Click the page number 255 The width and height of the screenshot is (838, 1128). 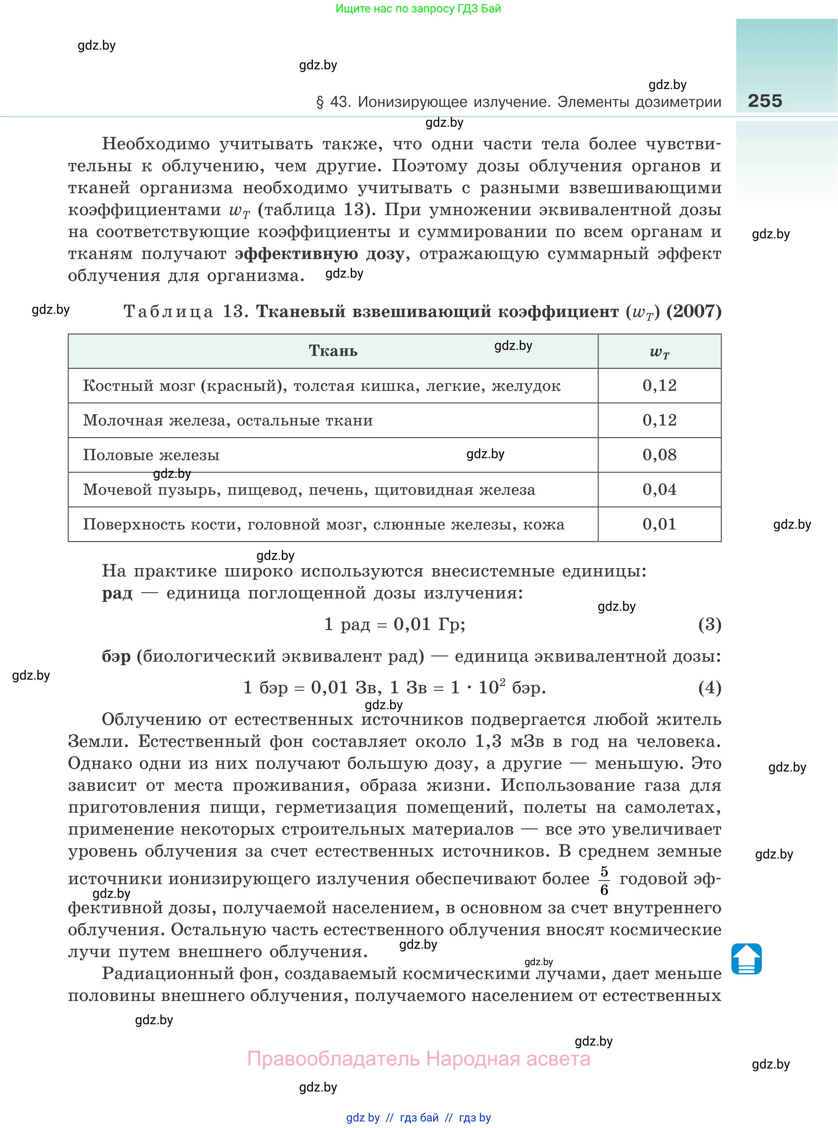point(765,100)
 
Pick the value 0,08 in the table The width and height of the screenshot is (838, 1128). point(660,455)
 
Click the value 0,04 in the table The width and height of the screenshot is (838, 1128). point(660,489)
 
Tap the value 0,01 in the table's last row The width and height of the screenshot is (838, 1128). point(660,524)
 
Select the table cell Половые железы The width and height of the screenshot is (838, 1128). point(151,455)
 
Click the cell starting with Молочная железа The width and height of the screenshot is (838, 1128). point(228,420)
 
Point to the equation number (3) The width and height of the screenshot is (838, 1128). point(709,624)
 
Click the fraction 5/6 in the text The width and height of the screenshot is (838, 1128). point(604,881)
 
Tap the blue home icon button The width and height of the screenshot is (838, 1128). point(746,959)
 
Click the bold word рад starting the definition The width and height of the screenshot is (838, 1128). point(117,593)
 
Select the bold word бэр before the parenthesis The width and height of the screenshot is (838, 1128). point(116,656)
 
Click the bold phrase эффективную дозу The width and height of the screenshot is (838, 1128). point(320,253)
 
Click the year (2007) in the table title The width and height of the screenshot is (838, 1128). point(694,311)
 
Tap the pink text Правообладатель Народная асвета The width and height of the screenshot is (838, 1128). point(418,1059)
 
